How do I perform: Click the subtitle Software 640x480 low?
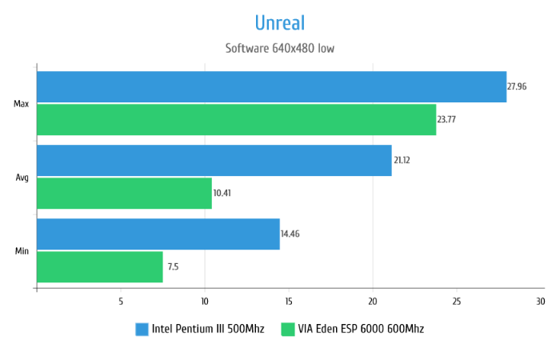point(279,48)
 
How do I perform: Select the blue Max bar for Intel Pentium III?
point(271,86)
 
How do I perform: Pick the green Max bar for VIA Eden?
point(236,119)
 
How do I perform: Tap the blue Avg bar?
point(214,160)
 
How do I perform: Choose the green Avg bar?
point(124,193)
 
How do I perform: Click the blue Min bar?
point(158,234)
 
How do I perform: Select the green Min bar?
point(99,266)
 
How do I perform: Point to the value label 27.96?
point(517,86)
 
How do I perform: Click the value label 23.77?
point(447,119)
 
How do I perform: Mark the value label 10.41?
point(223,193)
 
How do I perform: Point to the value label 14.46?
point(290,234)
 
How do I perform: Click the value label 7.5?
point(173,266)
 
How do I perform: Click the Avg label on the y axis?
point(22,177)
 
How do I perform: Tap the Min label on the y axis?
point(22,250)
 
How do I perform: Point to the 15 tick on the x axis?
point(288,302)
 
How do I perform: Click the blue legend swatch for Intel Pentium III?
point(142,329)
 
